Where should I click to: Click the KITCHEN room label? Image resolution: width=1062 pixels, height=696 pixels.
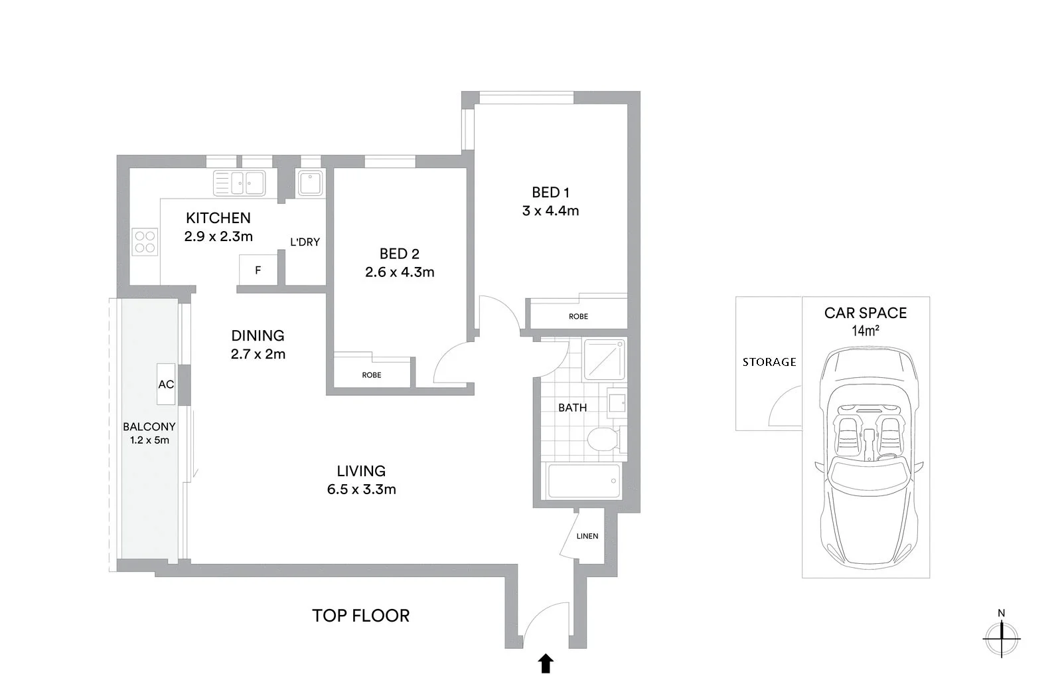point(218,218)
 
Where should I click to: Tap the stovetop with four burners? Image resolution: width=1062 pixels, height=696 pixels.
point(145,242)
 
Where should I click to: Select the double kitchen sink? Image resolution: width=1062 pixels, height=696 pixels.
point(239,183)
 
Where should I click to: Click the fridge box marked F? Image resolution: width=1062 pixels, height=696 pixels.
point(258,270)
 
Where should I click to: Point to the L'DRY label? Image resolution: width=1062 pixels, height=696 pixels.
point(305,242)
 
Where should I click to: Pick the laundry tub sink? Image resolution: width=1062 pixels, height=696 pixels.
point(310,183)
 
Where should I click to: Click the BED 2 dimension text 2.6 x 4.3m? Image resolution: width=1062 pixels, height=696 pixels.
point(400,272)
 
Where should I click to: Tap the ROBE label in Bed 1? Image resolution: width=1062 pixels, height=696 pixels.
point(578,317)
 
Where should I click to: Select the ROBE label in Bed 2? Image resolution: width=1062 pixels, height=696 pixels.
point(372,375)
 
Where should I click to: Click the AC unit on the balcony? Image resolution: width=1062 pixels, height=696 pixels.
point(166,384)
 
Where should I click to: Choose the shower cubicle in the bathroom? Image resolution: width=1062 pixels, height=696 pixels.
point(605,360)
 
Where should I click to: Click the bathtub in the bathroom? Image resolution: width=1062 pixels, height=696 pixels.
point(583,481)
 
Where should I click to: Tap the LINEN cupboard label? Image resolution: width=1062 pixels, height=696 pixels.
point(587,536)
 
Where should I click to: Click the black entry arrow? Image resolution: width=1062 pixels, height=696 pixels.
point(546,663)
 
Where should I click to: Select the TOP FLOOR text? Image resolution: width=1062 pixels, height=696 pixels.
point(360,616)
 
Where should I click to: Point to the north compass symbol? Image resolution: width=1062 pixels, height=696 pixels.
point(1002,638)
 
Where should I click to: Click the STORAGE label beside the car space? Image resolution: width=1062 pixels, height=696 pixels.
point(769,362)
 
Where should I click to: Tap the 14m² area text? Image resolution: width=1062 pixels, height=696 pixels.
point(865,331)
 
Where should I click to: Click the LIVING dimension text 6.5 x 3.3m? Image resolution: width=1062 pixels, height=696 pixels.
point(361,490)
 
